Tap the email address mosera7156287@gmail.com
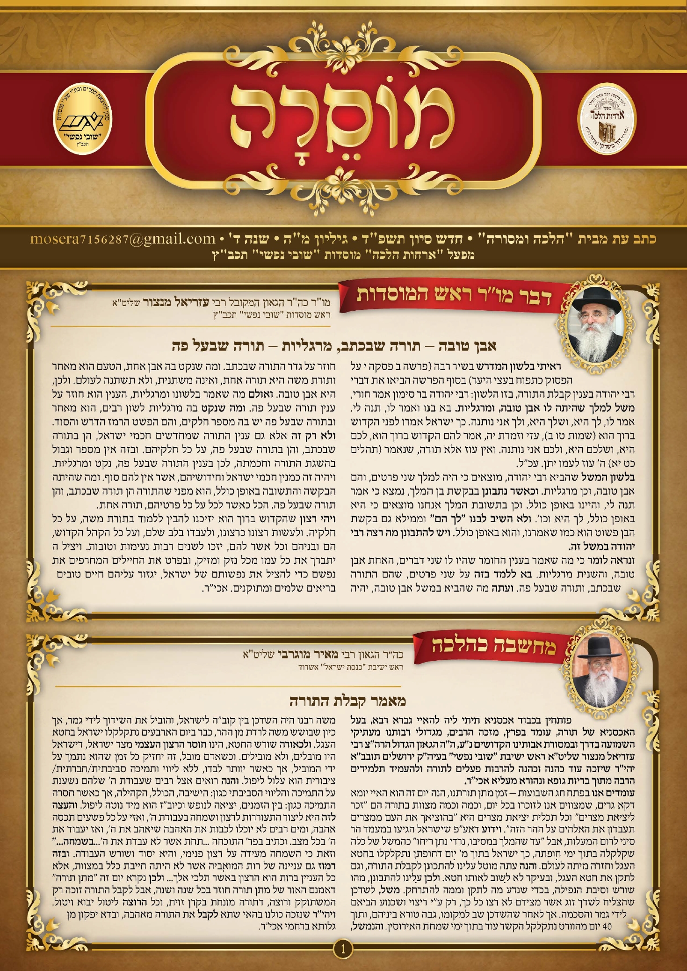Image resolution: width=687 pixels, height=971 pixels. point(123,239)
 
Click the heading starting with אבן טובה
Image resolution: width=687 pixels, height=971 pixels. point(334,346)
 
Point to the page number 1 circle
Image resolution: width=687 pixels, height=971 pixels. point(343,949)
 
